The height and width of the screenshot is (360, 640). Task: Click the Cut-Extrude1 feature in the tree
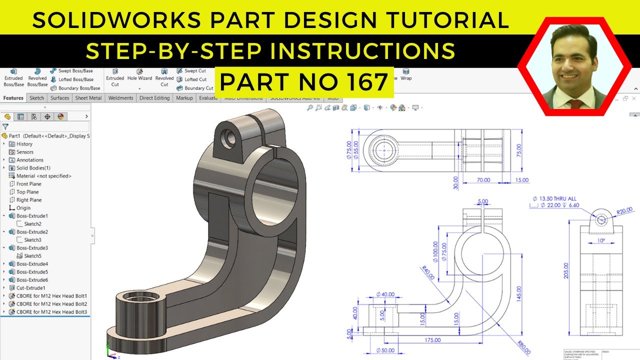click(x=30, y=288)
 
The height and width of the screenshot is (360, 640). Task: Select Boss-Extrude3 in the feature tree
click(x=32, y=248)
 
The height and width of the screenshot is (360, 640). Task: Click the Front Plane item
click(x=28, y=184)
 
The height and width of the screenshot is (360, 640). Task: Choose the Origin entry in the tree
click(x=23, y=208)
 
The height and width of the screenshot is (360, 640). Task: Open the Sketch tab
click(x=36, y=98)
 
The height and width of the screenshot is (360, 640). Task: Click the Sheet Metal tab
click(x=88, y=98)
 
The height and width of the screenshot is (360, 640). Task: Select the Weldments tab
click(x=120, y=98)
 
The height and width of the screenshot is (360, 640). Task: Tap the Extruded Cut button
click(x=115, y=77)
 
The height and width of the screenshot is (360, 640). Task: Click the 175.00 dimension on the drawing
click(x=433, y=340)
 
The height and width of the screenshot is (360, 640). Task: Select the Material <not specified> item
click(x=43, y=176)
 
